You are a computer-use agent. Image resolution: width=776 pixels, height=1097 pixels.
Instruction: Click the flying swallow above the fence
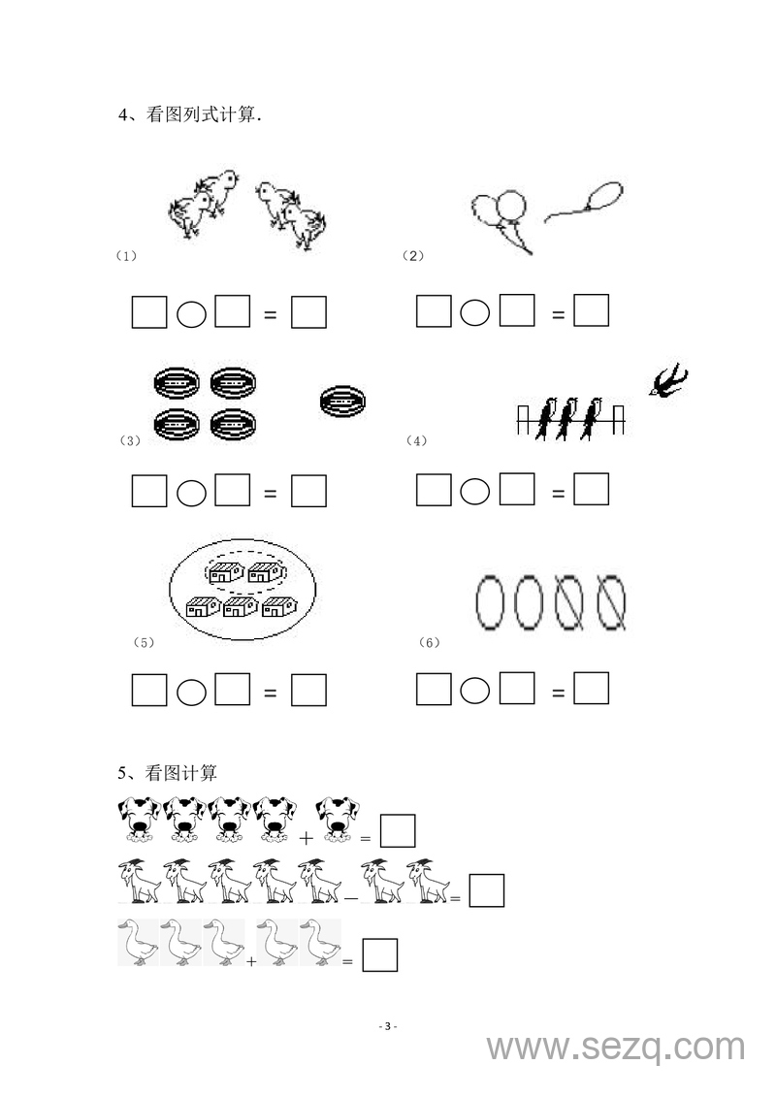click(x=668, y=380)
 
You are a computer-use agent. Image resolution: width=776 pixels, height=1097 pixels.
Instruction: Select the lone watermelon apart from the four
click(x=342, y=403)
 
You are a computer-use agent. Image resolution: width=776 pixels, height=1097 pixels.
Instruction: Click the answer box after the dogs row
click(x=398, y=831)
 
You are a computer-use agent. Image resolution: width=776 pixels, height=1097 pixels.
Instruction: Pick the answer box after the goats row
click(x=486, y=890)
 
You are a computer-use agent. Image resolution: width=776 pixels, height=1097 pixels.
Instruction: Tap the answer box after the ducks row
click(x=380, y=955)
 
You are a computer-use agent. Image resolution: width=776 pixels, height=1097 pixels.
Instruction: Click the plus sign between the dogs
click(x=306, y=837)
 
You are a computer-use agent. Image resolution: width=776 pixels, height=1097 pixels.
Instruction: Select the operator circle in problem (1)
click(x=191, y=314)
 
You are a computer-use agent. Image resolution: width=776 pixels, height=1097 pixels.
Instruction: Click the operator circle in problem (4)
click(x=475, y=491)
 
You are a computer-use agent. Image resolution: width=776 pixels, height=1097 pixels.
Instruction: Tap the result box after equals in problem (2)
click(x=592, y=310)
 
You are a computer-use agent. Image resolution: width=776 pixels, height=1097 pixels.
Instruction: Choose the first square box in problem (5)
click(x=149, y=689)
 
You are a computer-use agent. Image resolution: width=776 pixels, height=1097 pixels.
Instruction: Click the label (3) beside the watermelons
click(x=130, y=440)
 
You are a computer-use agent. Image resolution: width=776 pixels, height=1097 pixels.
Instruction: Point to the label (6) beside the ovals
click(x=429, y=642)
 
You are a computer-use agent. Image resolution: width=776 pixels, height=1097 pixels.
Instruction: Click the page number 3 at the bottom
click(x=388, y=1026)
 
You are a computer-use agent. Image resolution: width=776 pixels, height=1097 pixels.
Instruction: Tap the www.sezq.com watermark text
click(x=616, y=1048)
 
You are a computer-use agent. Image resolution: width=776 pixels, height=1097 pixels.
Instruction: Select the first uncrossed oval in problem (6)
click(x=490, y=602)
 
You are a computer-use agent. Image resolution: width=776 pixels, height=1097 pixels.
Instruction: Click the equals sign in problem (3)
click(x=270, y=494)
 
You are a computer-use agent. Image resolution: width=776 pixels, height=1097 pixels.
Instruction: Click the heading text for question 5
click(x=167, y=773)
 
